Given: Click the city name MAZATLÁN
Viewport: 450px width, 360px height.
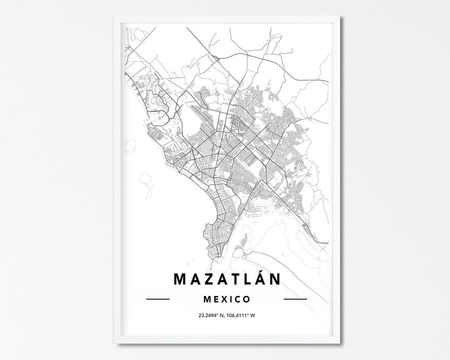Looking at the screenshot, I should pyautogui.click(x=226, y=279).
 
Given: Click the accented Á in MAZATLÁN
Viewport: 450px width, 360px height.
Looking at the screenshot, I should pyautogui.click(x=260, y=278).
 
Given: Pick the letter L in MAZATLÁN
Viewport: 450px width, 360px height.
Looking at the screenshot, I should pyautogui.click(x=247, y=279).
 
